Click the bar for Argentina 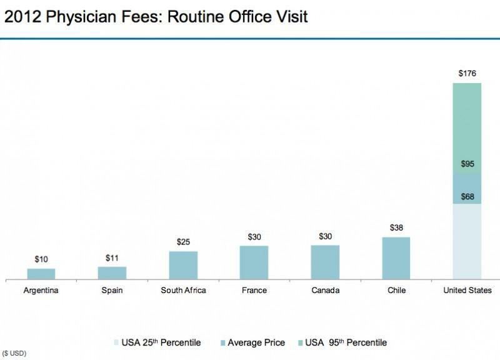point(41,274)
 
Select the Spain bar point(112,272)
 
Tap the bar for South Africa point(183,265)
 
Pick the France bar point(254,262)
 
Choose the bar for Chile point(396,258)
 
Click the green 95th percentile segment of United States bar point(467,125)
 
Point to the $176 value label point(467,74)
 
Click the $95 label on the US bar point(467,164)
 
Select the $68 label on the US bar point(467,197)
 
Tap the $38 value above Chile point(396,228)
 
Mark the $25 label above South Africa point(183,242)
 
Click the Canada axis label point(325,291)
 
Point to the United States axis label point(467,291)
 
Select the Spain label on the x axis point(112,291)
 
